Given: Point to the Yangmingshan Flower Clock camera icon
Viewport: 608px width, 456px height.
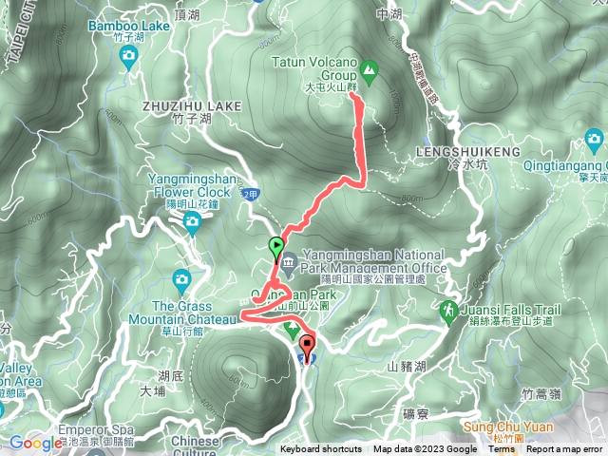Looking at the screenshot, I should click(192, 223).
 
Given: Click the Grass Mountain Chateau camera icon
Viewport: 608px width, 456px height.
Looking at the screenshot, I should click(182, 280).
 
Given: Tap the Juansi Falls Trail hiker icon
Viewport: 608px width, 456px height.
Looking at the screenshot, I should click(447, 311).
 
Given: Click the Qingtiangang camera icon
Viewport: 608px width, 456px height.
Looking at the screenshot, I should click(595, 142).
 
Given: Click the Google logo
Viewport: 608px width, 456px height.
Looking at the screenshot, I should click(36, 443).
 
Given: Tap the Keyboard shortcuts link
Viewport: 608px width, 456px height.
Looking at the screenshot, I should click(320, 449).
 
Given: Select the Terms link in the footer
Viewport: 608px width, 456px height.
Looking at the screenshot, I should click(502, 449).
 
